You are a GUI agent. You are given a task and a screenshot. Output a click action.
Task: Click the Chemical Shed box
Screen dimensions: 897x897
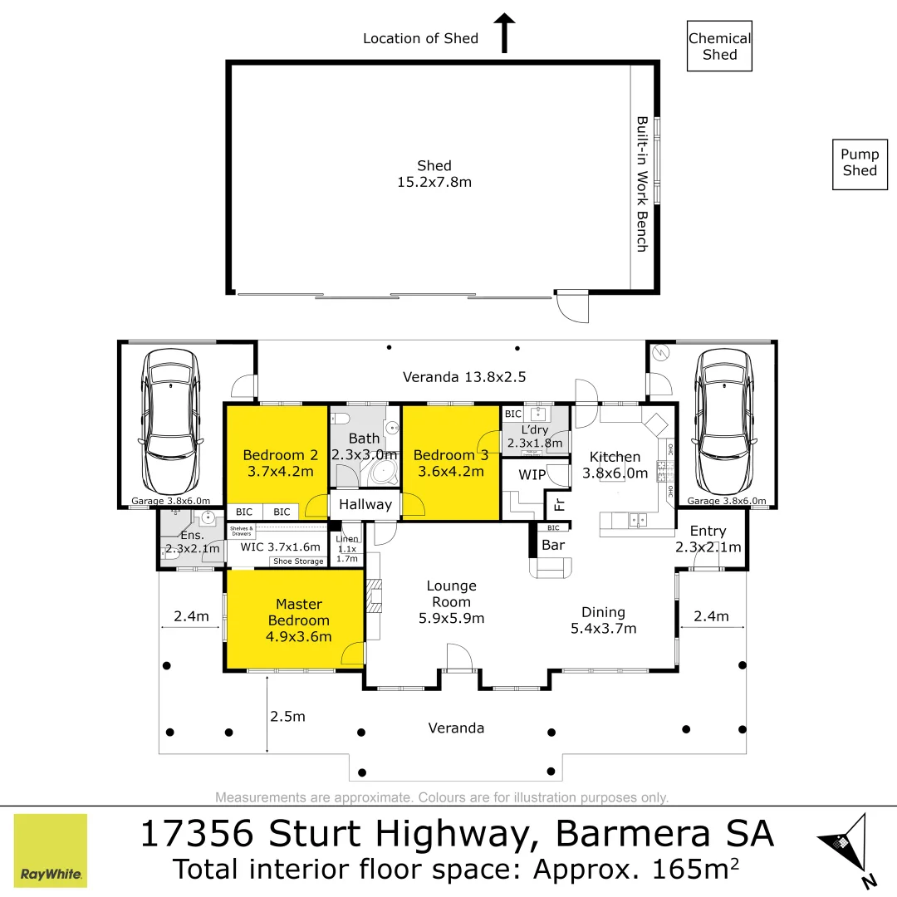719,47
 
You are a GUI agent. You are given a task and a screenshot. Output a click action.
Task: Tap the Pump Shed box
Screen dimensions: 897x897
860,163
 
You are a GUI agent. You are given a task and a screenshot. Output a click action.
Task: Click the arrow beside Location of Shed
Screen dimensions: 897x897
504,32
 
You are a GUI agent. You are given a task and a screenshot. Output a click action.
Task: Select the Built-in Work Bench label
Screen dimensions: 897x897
642,184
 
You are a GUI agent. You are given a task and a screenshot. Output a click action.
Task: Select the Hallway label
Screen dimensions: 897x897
365,504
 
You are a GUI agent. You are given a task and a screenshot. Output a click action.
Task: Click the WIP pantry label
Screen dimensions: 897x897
532,476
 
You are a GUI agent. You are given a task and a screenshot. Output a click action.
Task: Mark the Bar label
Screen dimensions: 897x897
553,545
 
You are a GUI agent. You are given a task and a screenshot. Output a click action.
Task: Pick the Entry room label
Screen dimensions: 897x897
708,532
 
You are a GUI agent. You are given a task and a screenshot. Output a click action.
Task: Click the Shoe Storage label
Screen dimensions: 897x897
298,562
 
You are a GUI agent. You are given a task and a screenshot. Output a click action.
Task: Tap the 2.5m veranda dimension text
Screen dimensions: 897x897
288,716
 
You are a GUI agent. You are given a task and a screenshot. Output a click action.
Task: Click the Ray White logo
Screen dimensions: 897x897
51,850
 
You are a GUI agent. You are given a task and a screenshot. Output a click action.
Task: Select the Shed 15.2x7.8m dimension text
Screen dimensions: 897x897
434,181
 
